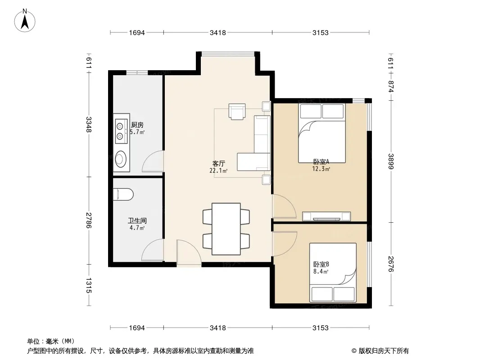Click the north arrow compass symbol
point(25,21)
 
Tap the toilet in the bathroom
point(123,194)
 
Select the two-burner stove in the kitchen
point(121,131)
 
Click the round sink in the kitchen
point(121,159)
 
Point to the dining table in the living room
point(226,229)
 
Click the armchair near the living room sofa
point(237,112)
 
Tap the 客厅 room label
point(218,164)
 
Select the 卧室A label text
point(321,162)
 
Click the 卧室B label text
point(321,264)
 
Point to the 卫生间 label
point(137,220)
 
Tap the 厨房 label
point(137,125)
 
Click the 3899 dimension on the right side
point(390,161)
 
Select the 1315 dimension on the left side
point(88,285)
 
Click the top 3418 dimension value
point(217,32)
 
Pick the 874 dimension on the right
point(390,86)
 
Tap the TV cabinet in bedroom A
point(326,216)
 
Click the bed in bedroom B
point(333,273)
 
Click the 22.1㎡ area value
point(218,171)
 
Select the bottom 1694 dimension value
point(136,328)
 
